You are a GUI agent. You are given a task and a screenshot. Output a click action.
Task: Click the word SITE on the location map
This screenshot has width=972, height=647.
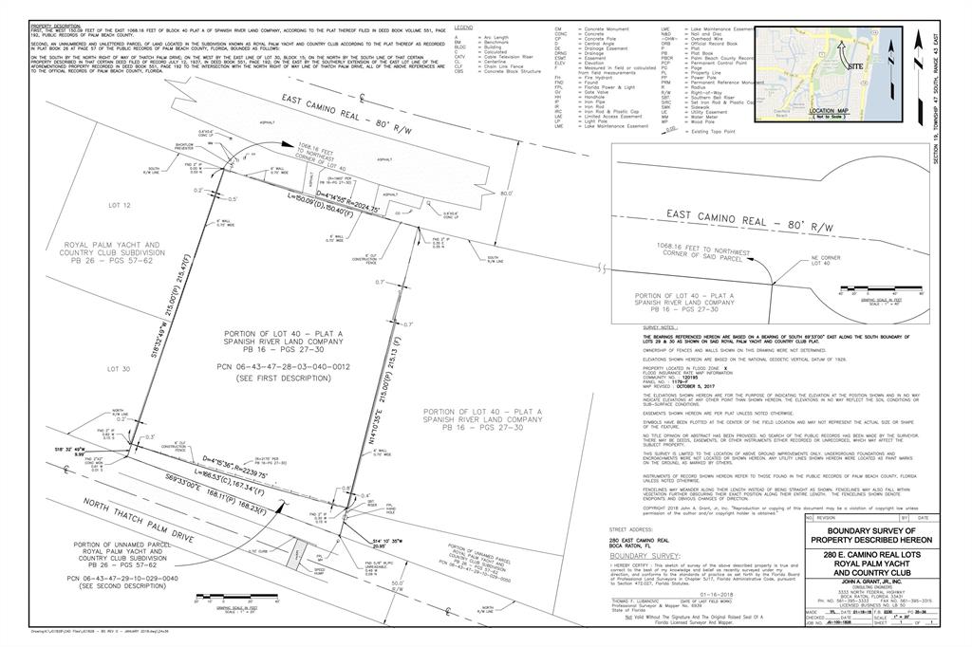pyautogui.click(x=855, y=67)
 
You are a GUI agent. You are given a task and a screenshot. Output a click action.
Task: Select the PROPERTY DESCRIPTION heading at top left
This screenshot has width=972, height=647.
pyautogui.click(x=54, y=25)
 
